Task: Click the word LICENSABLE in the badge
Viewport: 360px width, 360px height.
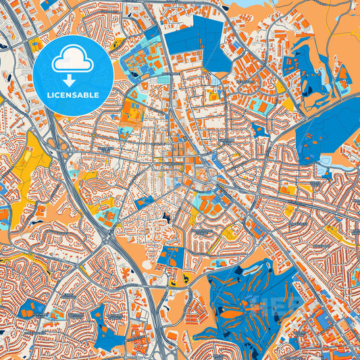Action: coord(73,95)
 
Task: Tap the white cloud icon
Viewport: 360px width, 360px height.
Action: coord(72,59)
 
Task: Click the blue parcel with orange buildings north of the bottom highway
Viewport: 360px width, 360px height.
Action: coord(172,257)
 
